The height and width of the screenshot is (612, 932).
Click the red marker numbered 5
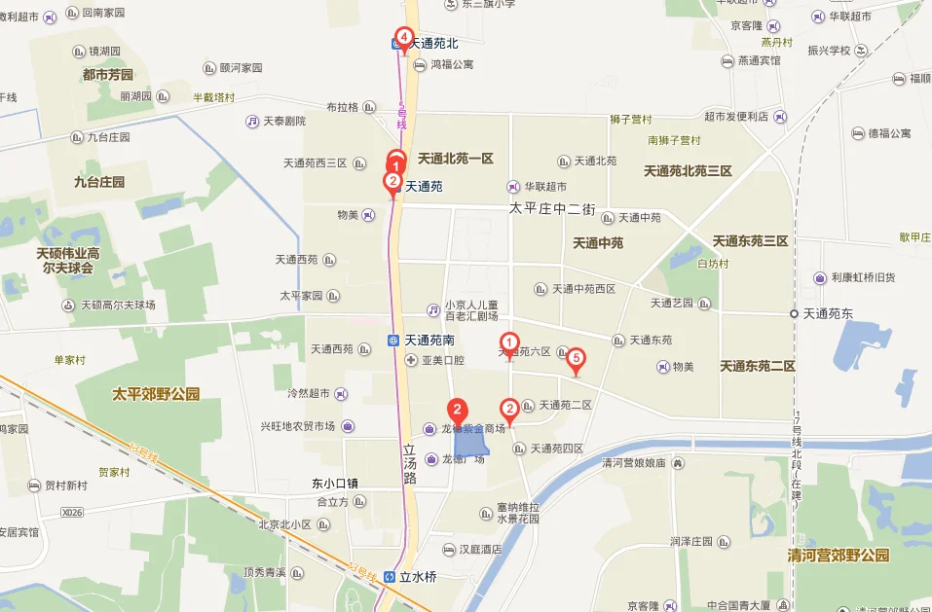click(x=576, y=360)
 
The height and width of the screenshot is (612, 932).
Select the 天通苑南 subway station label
click(x=429, y=340)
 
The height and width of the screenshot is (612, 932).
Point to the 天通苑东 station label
click(x=827, y=313)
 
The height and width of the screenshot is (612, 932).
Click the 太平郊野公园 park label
click(x=156, y=394)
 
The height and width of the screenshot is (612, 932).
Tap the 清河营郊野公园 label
click(x=839, y=556)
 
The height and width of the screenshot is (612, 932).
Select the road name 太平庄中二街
click(x=550, y=208)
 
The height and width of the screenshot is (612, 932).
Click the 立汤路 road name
click(x=410, y=465)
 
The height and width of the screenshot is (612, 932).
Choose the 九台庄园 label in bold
click(x=99, y=181)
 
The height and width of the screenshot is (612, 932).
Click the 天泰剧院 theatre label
click(x=284, y=121)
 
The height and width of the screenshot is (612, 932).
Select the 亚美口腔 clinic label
click(x=442, y=360)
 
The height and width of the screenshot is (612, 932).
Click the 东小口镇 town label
click(x=335, y=483)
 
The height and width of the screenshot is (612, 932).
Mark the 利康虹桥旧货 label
click(x=862, y=277)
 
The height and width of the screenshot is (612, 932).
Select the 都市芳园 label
click(x=108, y=74)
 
